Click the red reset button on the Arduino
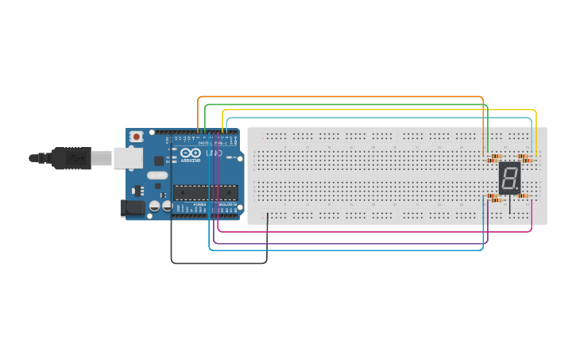pos(137,137)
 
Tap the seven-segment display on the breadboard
pos(509,178)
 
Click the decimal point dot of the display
pos(517,189)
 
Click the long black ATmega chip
pos(205,192)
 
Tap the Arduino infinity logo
pos(190,153)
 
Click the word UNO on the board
pos(214,153)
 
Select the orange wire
pos(342,97)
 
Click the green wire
pos(342,104)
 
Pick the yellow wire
pos(381,110)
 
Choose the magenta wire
pos(373,232)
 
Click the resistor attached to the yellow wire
pos(524,158)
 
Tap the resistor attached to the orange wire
pos(495,157)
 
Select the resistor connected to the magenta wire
pos(524,195)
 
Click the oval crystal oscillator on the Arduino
pos(157,175)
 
